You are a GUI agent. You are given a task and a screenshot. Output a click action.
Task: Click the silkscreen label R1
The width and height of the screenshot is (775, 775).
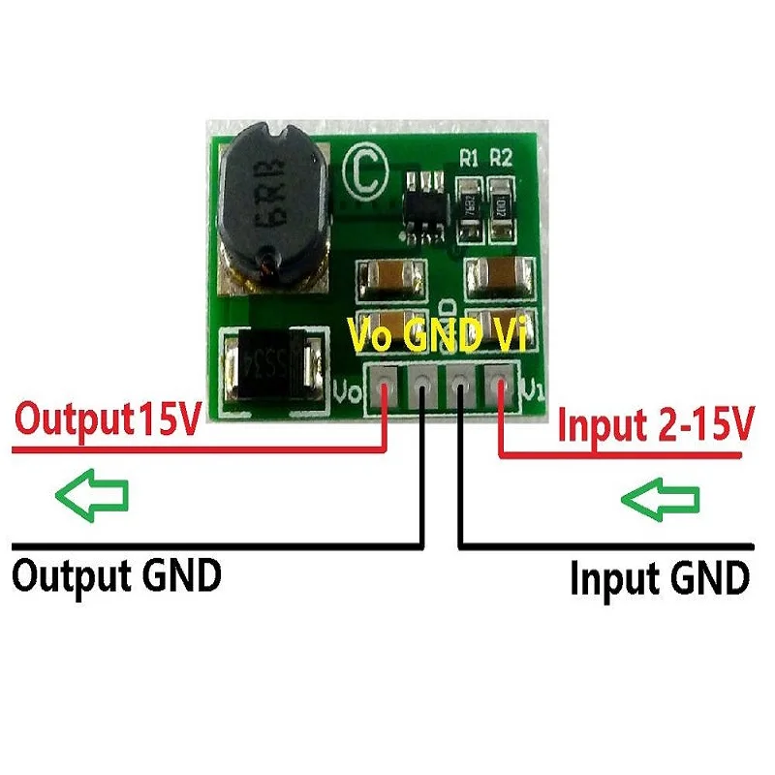(471, 157)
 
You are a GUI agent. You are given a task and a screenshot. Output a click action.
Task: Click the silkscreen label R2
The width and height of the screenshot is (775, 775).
(502, 157)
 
